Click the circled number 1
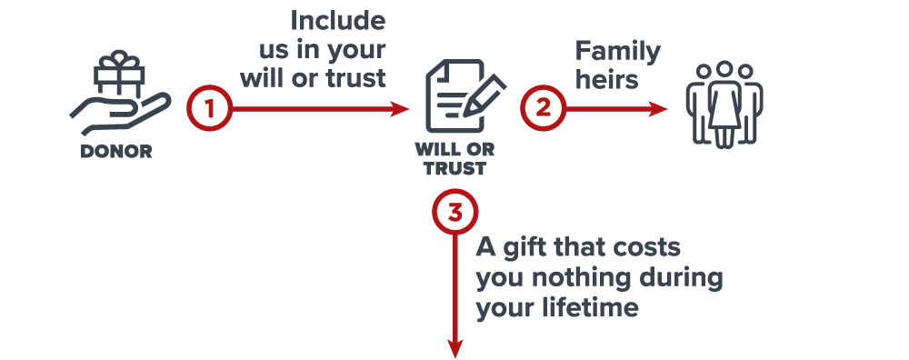click(x=209, y=108)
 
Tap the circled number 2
click(x=543, y=108)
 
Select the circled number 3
click(x=455, y=213)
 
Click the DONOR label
click(x=116, y=151)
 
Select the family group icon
click(x=724, y=105)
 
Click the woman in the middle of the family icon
click(x=724, y=105)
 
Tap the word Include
click(x=338, y=21)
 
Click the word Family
click(x=618, y=53)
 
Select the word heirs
click(x=607, y=79)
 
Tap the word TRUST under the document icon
click(x=454, y=169)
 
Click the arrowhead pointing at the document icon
click(x=400, y=108)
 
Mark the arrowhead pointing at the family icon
click(x=658, y=108)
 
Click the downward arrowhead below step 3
click(x=455, y=348)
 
